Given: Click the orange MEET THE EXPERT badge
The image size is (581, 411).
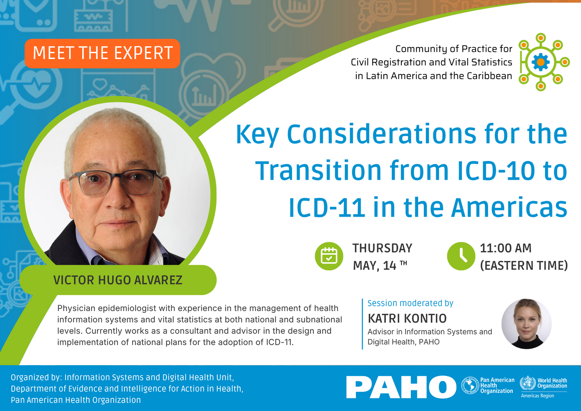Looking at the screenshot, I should tap(102, 53).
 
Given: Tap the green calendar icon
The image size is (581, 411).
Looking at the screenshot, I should tap(329, 256).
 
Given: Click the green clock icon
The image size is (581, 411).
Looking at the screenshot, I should tap(461, 256).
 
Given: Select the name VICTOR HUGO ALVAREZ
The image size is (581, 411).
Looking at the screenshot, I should tap(118, 280).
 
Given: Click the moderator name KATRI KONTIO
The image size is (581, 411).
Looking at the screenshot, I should tap(407, 318).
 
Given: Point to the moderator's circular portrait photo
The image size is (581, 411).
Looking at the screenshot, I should tap(526, 324).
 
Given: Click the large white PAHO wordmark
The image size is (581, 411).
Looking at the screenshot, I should tap(401, 387).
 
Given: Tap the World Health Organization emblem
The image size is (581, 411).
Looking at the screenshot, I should tap(527, 383).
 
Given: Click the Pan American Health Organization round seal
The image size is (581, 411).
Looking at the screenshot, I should tap(470, 386).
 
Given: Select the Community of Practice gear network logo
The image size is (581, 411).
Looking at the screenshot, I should tap(541, 62).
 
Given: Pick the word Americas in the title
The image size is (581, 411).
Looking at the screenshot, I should tap(509, 208).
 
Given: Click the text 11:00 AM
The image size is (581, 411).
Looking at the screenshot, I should tap(505, 248).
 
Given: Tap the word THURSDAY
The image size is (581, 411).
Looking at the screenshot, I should tap(382, 248).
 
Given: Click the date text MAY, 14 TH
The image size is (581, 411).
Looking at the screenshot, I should tap(379, 266).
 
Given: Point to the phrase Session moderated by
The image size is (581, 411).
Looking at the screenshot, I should tap(410, 303).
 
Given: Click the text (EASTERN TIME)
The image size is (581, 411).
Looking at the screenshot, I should tap(524, 266).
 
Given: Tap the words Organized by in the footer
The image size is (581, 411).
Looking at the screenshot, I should tap(36, 377).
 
